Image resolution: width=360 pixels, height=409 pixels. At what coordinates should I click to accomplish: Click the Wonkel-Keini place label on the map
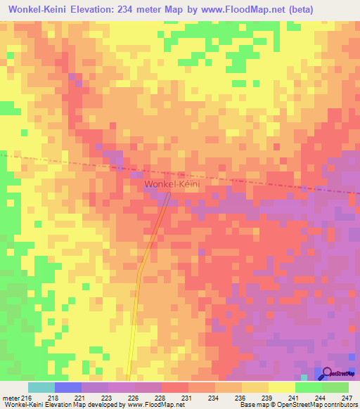(172, 184)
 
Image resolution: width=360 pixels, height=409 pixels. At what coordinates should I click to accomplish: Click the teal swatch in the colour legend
(41, 387)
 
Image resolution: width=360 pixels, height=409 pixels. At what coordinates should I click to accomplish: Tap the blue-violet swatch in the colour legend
(67, 387)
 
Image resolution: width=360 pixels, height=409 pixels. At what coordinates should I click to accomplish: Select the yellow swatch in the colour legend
(281, 387)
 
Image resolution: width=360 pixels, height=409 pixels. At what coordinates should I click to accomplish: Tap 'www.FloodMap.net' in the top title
(238, 9)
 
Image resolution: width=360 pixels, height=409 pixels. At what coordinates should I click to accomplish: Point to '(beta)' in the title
(296, 9)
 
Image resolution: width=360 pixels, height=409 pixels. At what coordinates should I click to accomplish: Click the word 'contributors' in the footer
(337, 405)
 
